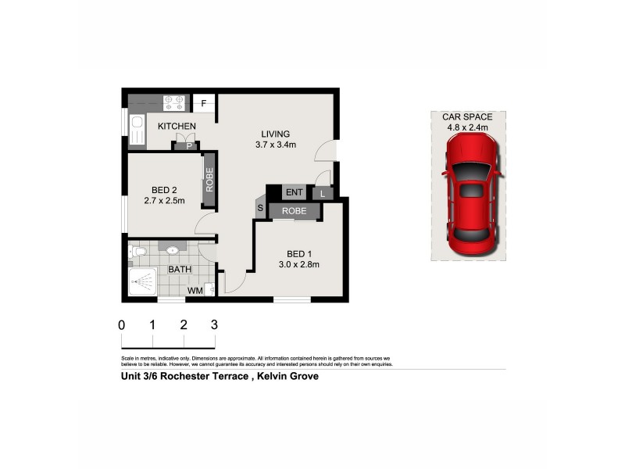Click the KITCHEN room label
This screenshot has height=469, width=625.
(x=177, y=126)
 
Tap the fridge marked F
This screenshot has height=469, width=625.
(x=204, y=103)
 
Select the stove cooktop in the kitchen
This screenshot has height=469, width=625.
(x=174, y=102)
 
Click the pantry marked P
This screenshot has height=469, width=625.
(x=188, y=145)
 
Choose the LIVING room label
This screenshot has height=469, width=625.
(x=275, y=134)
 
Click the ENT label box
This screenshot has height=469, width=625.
(x=295, y=192)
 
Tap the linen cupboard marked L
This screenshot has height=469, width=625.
(x=323, y=193)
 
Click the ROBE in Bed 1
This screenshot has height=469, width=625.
(x=295, y=211)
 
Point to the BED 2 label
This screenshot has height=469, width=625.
(x=164, y=189)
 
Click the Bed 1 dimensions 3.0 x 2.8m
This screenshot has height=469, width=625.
(x=298, y=264)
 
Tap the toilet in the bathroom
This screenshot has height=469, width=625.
(x=137, y=252)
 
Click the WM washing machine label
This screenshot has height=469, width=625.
(x=195, y=292)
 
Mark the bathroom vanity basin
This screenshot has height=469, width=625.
(x=173, y=249)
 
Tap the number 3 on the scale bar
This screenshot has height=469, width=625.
(x=213, y=324)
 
